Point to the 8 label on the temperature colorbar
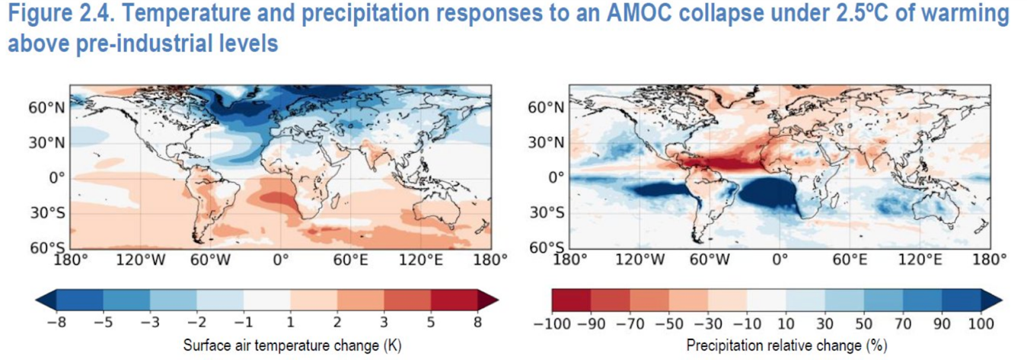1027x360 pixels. click(x=477, y=323)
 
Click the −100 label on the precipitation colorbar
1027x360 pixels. click(x=557, y=323)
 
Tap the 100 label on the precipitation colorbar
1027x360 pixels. click(x=980, y=323)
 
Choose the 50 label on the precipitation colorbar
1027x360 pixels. click(x=863, y=323)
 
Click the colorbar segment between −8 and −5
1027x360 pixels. click(x=79, y=300)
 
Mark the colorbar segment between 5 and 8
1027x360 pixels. click(x=454, y=300)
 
